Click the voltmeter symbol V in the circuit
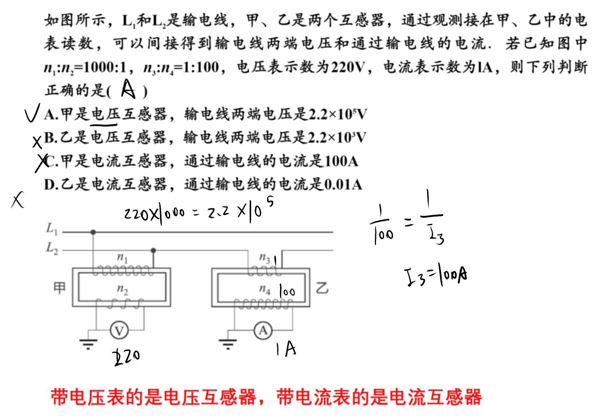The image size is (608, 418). pos(119,330)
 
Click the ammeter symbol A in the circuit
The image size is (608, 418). pos(263,330)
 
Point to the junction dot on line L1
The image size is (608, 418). pos(93,232)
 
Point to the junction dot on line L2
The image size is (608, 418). pos(153,250)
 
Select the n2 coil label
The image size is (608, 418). pos(122,289)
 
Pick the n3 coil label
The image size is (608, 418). pos(265,258)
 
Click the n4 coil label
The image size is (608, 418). pos(265,289)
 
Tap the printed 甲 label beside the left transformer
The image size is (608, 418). pos(59,288)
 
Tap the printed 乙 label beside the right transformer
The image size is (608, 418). pos(322,288)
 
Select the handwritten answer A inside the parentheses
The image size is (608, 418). pos(128,89)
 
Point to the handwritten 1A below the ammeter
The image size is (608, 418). pos(286,349)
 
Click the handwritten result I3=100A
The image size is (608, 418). pos(436,277)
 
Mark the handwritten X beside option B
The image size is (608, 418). pos(37,142)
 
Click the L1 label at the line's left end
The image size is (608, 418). pos(51,229)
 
